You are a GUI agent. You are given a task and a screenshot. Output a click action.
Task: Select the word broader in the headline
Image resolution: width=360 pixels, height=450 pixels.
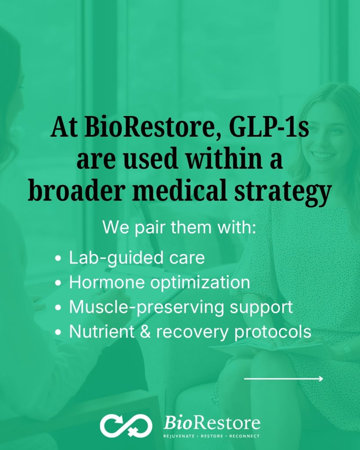pos(76,191)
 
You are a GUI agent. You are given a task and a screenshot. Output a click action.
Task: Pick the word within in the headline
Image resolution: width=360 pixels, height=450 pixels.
pos(224,159)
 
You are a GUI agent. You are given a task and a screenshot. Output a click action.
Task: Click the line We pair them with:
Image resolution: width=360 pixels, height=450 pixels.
pos(179,227)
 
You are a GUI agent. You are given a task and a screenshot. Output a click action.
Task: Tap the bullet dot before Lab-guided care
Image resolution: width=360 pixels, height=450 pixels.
pos(58,258)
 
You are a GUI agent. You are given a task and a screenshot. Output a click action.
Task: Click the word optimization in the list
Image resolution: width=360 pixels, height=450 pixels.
pos(200,283)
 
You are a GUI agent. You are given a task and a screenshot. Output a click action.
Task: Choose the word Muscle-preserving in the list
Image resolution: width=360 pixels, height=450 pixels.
pos(147,308)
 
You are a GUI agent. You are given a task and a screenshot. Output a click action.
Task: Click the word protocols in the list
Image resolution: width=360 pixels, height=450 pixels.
pos(273,332)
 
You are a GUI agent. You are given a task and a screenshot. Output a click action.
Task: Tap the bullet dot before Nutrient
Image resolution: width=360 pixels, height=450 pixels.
pos(58,332)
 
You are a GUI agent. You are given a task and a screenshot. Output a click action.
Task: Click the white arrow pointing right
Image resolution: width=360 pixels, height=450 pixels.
pos(284,379)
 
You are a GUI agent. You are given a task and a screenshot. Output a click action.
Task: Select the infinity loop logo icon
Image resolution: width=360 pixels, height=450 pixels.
pos(126,426)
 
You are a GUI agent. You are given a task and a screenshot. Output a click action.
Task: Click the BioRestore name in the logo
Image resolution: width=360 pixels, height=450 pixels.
pos(212,423)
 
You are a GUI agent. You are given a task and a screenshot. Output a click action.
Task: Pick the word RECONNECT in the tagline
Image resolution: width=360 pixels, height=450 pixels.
pos(244,436)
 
